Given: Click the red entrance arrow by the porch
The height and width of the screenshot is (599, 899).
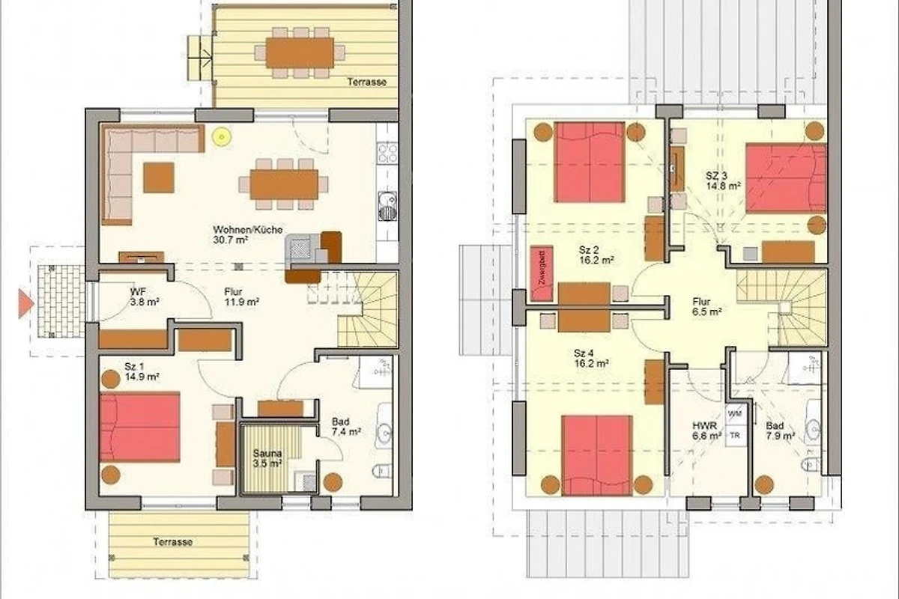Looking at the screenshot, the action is coord(25,304).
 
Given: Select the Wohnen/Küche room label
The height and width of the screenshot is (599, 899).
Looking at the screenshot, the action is coord(248,230).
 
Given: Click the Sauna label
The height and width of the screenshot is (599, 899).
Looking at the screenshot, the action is coord(267,453).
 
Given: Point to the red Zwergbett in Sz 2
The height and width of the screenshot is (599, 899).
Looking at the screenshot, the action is coord(542,273).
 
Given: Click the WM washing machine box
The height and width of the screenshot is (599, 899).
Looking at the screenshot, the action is coord(735,413).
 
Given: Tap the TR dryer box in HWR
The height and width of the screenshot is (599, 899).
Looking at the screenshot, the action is coord(735,435).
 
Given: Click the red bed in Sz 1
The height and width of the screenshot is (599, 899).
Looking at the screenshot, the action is coord(139,427).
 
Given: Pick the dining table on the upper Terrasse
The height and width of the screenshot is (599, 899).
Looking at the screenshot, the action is coord(300,52).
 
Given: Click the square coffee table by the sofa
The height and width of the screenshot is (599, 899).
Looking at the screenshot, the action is coord(159,177).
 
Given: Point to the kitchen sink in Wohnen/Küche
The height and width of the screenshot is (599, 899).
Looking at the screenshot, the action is coord(387,206).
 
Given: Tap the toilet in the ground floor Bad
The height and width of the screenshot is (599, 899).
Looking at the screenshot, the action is coord(381,471).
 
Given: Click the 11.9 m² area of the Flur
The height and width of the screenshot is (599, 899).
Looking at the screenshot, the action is coord(241,302).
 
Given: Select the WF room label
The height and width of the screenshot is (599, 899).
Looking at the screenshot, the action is coord(138,292).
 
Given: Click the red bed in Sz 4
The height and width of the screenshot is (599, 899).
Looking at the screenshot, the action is coord(597,455).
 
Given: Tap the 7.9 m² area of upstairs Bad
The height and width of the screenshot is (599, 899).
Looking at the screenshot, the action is coord(780,436).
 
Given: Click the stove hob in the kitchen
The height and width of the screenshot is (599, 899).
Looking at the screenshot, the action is coord(387,153).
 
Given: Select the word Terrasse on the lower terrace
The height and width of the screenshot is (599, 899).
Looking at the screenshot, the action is coord(173,542).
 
